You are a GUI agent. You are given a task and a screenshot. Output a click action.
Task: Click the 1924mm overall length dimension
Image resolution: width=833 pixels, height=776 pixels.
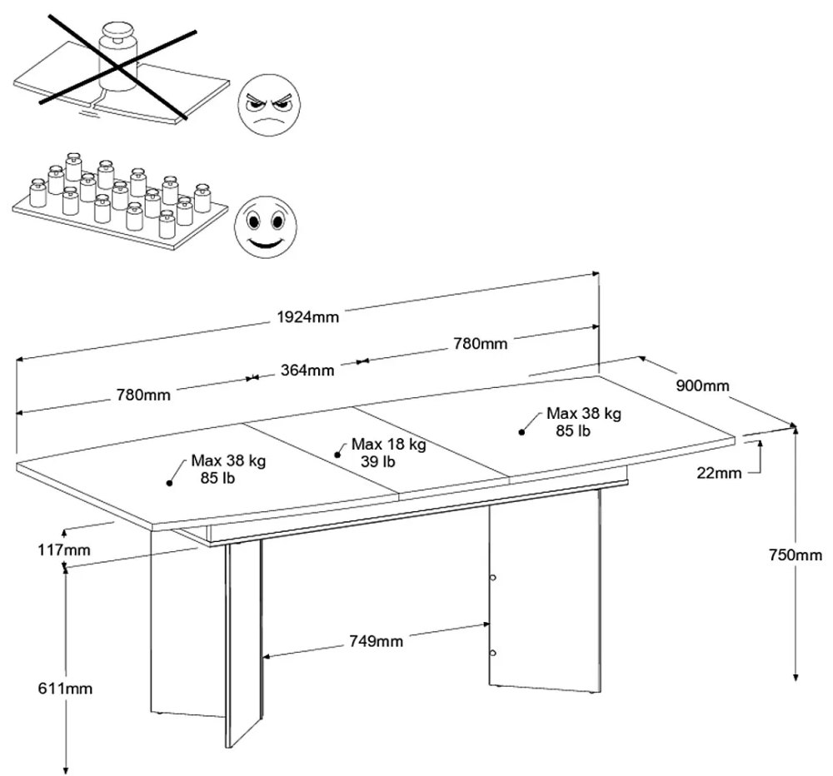click(309, 316)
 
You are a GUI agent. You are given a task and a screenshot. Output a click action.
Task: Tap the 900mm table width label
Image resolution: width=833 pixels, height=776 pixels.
click(703, 386)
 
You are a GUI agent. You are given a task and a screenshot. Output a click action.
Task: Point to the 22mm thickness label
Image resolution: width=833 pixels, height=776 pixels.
click(718, 473)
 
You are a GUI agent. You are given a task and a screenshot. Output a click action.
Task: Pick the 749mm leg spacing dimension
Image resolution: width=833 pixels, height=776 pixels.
click(375, 641)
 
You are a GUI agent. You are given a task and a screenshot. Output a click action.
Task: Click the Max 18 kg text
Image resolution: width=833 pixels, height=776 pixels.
click(388, 445)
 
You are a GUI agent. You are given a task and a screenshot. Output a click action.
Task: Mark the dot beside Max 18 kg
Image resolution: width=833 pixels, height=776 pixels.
click(338, 453)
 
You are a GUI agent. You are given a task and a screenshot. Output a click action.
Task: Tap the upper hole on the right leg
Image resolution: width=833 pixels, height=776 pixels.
click(493, 576)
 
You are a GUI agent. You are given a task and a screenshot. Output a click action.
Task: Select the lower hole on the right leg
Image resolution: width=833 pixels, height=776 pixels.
click(493, 652)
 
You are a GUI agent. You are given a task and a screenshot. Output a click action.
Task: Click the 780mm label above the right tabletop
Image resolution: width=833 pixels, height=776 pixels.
click(480, 343)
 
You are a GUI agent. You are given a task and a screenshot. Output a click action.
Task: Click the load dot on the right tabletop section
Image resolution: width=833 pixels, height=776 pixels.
click(521, 431)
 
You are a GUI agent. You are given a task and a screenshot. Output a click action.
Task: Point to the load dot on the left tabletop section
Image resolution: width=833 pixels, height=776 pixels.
click(169, 481)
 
